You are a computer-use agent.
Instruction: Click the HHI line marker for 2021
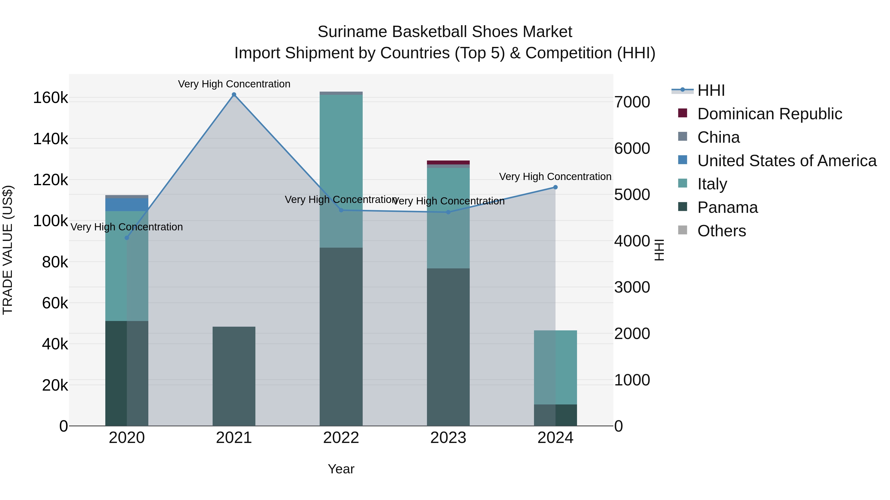(234, 95)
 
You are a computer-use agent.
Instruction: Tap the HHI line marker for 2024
(555, 187)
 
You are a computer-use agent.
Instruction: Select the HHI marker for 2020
(127, 238)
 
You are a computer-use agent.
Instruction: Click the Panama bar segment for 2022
(341, 337)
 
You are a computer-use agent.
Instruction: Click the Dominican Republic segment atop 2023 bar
(448, 162)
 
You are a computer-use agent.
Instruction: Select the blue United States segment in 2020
(127, 205)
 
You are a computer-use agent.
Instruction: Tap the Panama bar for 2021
(234, 376)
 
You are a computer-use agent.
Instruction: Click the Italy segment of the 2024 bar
(555, 367)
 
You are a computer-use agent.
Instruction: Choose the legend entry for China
(718, 137)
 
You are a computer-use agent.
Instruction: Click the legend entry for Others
(721, 231)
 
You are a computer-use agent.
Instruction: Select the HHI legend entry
(711, 90)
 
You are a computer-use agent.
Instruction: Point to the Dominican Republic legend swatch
(682, 113)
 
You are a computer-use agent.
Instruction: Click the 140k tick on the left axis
(50, 139)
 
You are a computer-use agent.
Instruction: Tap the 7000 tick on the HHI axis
(632, 102)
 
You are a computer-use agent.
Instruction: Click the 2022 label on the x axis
(341, 438)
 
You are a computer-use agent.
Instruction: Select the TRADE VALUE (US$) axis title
(8, 250)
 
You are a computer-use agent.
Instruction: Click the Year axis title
(341, 469)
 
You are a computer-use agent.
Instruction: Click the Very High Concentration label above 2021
(234, 84)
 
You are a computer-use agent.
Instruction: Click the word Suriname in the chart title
(352, 32)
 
